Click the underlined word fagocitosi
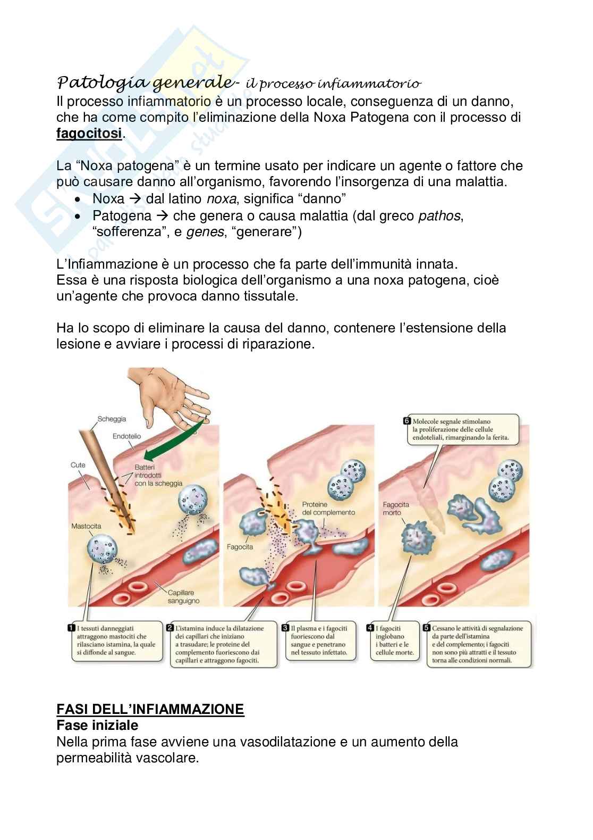coord(89,134)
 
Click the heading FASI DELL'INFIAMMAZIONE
coord(150,709)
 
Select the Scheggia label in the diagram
coord(112,419)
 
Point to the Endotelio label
coord(126,436)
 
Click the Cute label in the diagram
coord(78,465)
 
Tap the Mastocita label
coord(86,526)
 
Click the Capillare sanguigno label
coord(184,596)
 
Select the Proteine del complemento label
coord(328,508)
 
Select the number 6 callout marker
coord(407,421)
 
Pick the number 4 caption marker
coord(371,628)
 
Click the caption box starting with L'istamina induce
coord(223,644)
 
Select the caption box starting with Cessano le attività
coord(477,644)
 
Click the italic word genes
coord(205,232)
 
